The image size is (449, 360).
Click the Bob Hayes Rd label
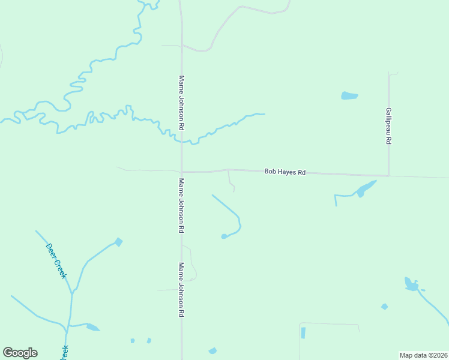point(285,172)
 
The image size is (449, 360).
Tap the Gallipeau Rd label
point(388,126)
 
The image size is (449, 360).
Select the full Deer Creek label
point(56,260)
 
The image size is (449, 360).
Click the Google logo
point(20,353)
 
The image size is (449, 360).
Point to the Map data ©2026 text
point(423,355)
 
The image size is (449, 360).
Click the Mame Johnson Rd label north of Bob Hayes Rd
point(181,103)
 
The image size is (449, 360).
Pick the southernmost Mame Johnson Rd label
point(181,290)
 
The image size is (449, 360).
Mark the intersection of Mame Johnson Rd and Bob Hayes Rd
point(181,172)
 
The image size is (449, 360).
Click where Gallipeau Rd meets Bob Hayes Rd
point(388,175)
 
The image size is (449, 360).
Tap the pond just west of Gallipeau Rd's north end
point(349,95)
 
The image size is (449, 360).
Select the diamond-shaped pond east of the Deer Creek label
point(118,242)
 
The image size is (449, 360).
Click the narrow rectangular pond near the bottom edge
point(303,332)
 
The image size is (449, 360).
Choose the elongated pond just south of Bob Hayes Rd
point(364,189)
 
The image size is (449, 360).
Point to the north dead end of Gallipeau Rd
point(389,74)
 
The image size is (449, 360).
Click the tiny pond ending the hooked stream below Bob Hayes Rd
point(224,236)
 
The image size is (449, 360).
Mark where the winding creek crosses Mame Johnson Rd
point(181,142)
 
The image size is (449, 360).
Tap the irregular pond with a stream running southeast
point(411,284)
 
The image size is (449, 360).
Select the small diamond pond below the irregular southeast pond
point(384,307)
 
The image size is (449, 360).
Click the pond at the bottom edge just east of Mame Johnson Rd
point(212,351)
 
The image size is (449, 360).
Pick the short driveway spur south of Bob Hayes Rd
point(230,181)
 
